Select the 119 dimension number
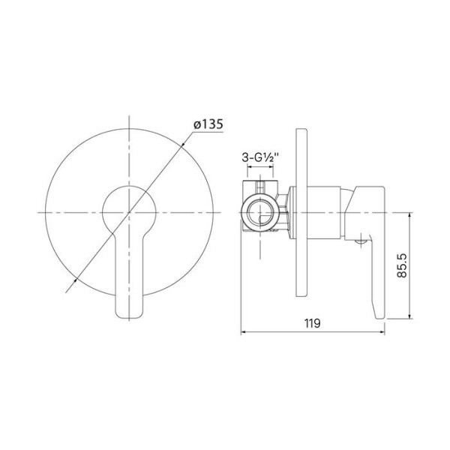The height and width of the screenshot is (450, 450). point(313,323)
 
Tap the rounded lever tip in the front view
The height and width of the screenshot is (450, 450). point(129,307)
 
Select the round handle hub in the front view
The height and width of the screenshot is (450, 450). point(130,206)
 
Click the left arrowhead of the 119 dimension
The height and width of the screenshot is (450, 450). point(243,331)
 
